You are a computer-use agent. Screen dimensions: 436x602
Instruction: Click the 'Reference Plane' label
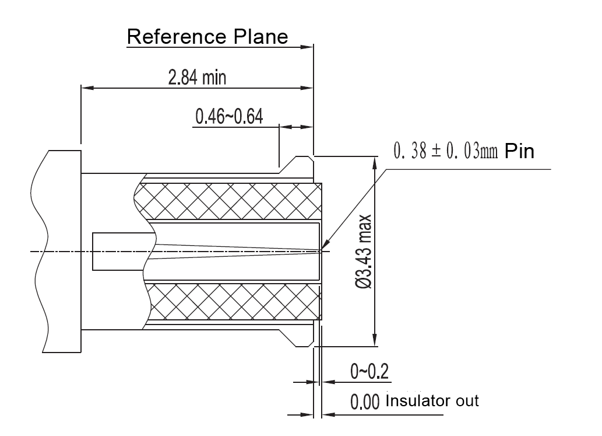coord(207,37)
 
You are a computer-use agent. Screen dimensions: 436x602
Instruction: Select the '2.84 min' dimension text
coord(197,78)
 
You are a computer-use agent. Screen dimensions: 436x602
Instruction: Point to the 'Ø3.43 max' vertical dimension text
coord(364,251)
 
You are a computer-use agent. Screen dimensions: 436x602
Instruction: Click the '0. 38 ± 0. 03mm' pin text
coord(446,152)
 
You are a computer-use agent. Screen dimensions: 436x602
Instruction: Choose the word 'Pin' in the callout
coord(519,152)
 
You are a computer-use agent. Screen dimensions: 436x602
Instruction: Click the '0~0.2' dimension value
coord(369,371)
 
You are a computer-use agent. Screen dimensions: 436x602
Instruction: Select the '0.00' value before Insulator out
coord(365,402)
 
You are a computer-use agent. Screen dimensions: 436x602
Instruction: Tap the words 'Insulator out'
coord(432,401)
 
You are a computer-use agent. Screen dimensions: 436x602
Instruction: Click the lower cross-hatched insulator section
coord(233,302)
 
